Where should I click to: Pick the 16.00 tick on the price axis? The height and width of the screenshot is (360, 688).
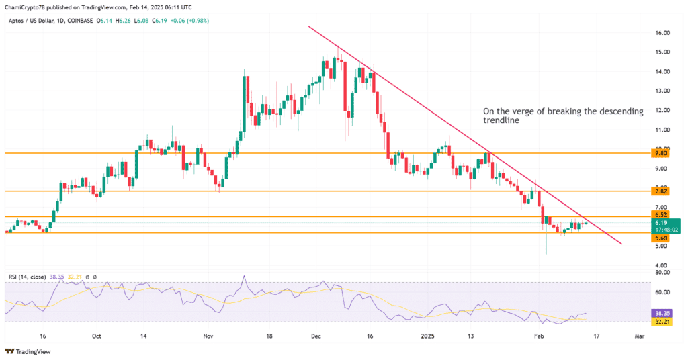tap(663, 32)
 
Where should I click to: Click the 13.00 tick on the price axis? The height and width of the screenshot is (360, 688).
tap(663, 91)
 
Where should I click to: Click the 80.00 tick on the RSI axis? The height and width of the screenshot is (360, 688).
tap(663, 272)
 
